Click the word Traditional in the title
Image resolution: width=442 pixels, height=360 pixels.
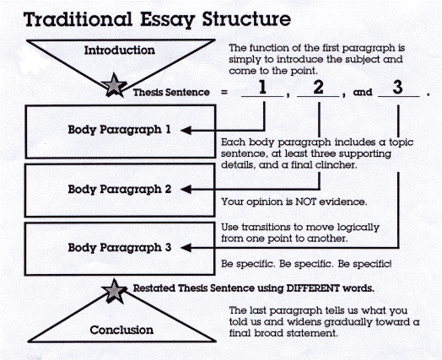click(x=78, y=19)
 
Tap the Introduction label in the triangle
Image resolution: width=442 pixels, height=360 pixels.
click(x=120, y=50)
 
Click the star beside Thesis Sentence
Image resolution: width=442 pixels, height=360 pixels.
click(x=114, y=85)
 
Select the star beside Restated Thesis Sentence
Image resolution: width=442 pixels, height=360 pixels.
click(x=114, y=291)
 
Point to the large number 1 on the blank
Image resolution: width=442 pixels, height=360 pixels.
click(x=262, y=87)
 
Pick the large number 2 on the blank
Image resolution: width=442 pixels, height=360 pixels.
click(x=318, y=87)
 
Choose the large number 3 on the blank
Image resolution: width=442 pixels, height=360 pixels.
click(x=397, y=87)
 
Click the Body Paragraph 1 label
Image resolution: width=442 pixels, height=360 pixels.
click(x=119, y=130)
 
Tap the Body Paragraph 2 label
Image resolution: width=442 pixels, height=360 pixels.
click(x=120, y=190)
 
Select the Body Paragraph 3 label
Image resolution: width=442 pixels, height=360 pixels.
click(x=120, y=248)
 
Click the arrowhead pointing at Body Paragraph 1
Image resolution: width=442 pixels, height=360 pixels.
click(x=186, y=131)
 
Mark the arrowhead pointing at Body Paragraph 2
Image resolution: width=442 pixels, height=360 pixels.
click(x=186, y=190)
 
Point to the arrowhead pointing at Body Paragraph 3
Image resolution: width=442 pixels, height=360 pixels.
click(x=186, y=248)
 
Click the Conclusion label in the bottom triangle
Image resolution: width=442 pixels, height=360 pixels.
click(x=121, y=330)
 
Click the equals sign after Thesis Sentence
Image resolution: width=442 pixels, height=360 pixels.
click(x=224, y=92)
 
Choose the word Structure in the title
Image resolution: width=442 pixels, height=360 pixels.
click(x=246, y=19)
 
